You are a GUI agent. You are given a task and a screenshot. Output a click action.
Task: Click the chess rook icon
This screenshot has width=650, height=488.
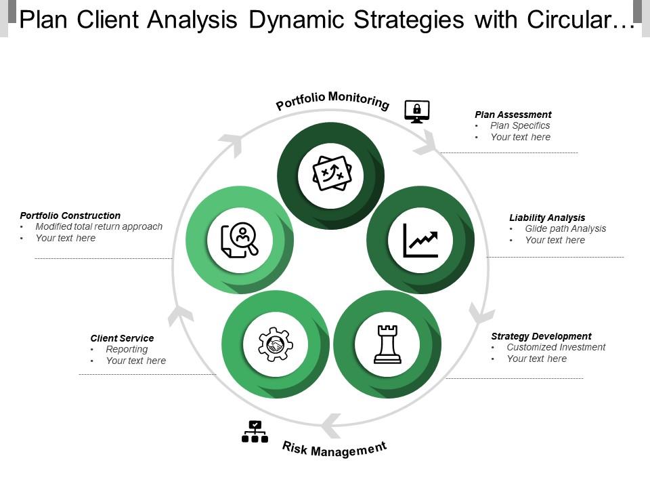click(387, 344)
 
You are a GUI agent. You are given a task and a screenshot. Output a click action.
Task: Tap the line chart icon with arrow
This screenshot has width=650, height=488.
click(420, 241)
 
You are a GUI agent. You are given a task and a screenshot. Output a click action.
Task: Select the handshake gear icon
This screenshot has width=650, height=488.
click(276, 344)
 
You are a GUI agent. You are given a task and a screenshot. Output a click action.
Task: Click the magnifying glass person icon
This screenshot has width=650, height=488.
click(240, 241)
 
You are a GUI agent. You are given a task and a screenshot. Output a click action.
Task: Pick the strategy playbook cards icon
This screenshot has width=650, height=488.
click(332, 174)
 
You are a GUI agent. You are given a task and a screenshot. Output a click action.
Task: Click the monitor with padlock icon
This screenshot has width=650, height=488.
click(416, 110)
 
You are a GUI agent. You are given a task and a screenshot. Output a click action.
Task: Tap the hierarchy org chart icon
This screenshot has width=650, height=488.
click(255, 432)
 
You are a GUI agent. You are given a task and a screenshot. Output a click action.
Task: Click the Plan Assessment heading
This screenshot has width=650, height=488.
click(513, 115)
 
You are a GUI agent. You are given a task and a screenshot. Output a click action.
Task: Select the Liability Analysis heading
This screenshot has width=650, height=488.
click(547, 218)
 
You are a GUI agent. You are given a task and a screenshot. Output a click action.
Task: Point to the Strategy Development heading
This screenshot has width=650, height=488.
click(541, 336)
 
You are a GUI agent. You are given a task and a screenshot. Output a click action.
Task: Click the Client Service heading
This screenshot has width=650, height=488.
click(122, 338)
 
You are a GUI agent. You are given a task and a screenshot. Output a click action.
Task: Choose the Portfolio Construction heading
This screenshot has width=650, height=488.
click(70, 216)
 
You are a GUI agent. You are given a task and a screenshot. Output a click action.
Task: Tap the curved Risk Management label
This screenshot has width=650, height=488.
click(334, 448)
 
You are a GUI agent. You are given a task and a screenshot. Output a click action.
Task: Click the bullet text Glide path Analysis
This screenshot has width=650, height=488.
click(565, 228)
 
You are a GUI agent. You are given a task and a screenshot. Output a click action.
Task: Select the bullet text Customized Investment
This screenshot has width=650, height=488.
click(556, 347)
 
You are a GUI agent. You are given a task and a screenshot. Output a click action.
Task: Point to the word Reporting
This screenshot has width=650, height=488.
click(127, 349)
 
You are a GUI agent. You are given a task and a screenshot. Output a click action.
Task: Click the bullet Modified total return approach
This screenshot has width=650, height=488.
click(99, 226)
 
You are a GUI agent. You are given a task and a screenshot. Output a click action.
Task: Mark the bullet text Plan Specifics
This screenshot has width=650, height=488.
click(520, 125)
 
